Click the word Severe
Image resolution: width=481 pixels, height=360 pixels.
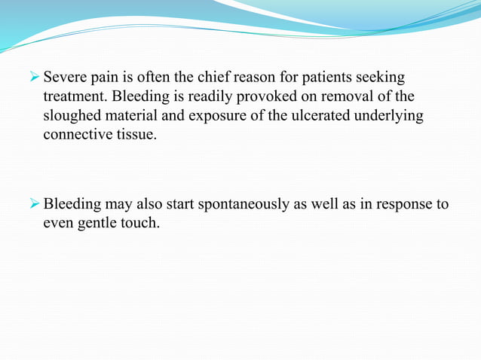coord(66,78)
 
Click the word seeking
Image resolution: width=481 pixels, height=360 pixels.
coord(381,78)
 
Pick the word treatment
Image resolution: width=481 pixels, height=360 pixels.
coord(74,98)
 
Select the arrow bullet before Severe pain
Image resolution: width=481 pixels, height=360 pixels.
coord(33,78)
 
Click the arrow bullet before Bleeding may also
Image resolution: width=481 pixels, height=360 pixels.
coord(33,204)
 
